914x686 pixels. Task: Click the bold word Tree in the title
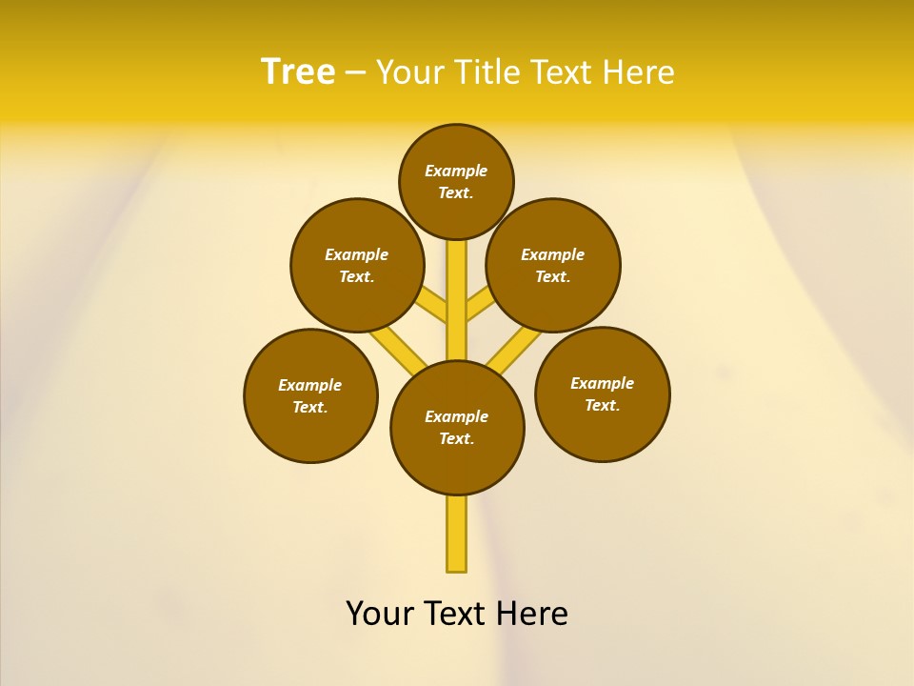coord(298,71)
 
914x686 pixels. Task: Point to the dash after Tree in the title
coord(355,73)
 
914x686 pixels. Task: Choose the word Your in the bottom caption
coord(380,614)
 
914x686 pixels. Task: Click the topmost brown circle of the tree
coord(456,181)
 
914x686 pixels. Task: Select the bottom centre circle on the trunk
coord(457,428)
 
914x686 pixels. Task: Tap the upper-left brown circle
coord(357,265)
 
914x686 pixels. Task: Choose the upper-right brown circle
coord(553,265)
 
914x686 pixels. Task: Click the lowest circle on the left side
coord(310,395)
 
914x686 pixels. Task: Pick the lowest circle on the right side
coord(602,393)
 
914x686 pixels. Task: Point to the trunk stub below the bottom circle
coord(457,534)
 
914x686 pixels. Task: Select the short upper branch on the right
coord(478,305)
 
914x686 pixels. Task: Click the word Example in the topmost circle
coord(456,171)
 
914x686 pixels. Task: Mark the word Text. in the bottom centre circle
coord(456,439)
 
